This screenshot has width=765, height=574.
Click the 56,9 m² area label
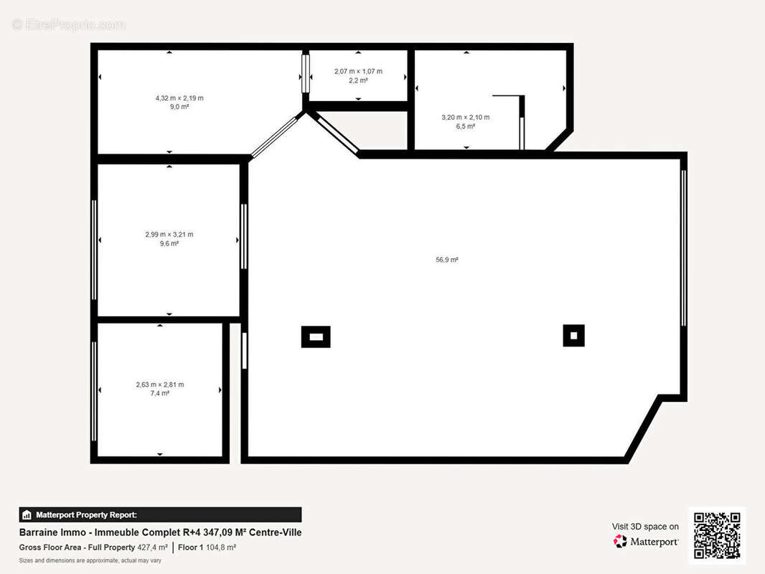(446, 260)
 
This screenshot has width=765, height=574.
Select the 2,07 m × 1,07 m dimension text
(358, 71)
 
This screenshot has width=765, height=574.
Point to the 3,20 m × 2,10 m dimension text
(465, 117)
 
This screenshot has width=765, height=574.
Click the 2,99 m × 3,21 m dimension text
(169, 234)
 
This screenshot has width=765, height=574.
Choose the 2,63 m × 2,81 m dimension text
(159, 384)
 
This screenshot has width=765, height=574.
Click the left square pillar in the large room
(315, 337)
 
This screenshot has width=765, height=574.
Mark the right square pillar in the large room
(573, 335)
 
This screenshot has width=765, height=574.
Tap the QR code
(717, 535)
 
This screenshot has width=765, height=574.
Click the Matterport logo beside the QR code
(646, 542)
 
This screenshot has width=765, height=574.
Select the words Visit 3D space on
(645, 527)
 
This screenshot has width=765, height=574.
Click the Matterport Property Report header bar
(160, 514)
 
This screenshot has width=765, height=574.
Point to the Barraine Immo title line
(160, 532)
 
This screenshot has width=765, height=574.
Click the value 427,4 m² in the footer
(152, 547)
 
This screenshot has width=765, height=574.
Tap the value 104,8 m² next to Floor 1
(221, 547)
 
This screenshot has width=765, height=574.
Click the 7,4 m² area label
(159, 393)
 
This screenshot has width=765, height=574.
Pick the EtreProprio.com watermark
(68, 25)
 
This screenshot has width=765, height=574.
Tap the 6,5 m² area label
(465, 126)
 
